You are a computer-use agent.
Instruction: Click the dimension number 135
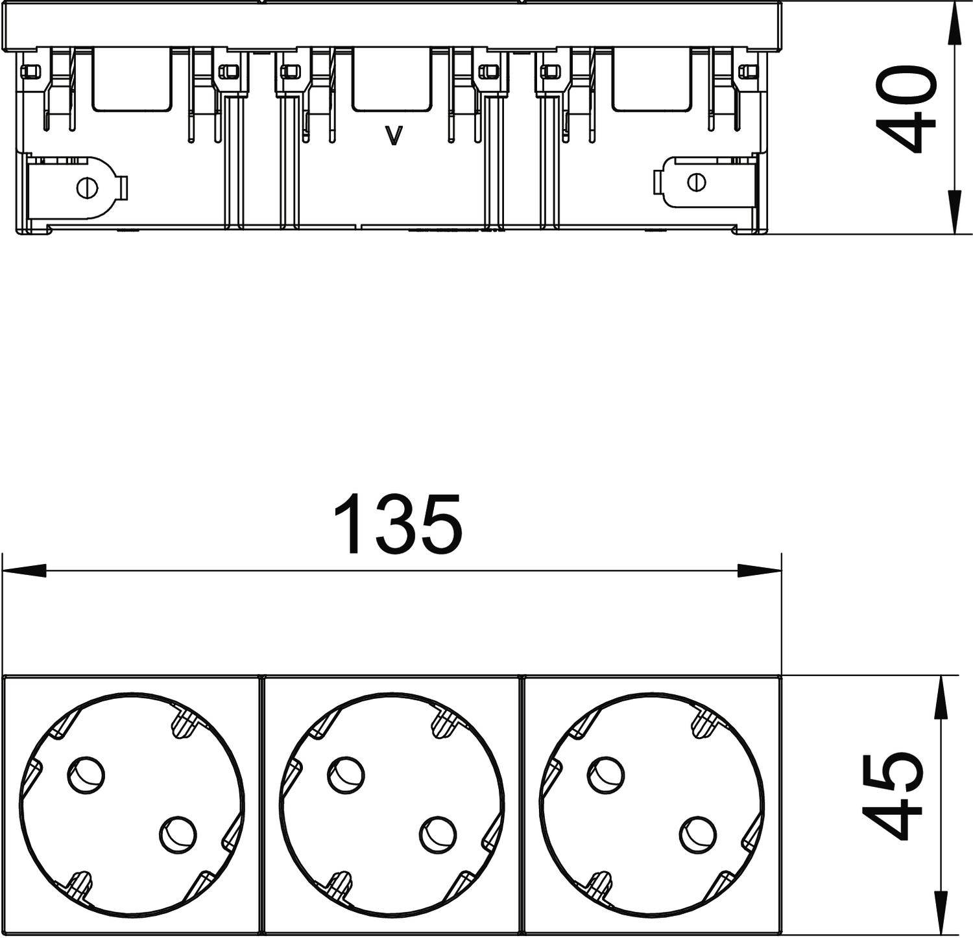(398, 525)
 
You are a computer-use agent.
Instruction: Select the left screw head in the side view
(86, 187)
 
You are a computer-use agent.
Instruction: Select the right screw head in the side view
(695, 183)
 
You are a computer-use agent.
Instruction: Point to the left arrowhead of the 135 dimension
(26, 571)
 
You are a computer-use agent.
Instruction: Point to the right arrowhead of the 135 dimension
(759, 571)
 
